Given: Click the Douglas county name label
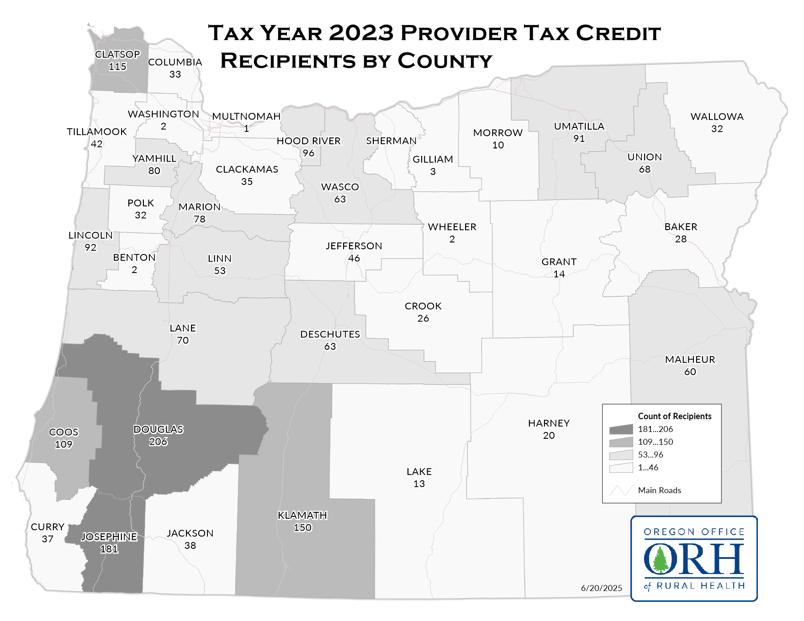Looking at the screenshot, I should coord(158,429).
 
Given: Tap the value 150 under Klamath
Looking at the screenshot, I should coord(302,527).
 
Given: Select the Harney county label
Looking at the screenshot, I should coord(549,423).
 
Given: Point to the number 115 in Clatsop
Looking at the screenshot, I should coord(117,67).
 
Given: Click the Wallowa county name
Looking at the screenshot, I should coord(717,116).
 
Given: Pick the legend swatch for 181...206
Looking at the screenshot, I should coord(621,429).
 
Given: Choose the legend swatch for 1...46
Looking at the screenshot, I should coord(621,468).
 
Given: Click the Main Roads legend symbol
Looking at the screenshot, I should coord(621,490).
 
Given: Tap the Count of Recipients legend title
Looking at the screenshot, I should coord(674,416).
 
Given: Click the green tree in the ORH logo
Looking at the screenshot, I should coord(660,560).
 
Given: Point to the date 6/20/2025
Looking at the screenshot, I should coord(601,588).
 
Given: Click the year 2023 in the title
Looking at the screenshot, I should coord(361,33).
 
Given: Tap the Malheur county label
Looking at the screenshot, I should coord(690,359).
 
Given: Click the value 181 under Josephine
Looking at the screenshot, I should coord(109,549).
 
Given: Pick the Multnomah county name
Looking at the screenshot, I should coord(246,116).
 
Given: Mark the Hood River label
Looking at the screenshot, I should coord(308,141).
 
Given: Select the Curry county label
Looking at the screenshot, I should coord(48,527).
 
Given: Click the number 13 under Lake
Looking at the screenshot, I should coord(419,484).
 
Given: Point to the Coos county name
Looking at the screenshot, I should coord(64,432).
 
